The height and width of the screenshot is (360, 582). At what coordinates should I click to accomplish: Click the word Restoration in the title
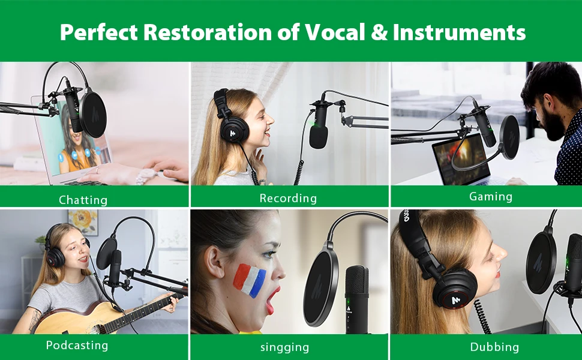(208, 32)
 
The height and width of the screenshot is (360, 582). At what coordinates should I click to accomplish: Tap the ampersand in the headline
(379, 32)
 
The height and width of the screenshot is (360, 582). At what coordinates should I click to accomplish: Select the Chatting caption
(83, 200)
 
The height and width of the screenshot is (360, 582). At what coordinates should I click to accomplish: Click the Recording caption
(288, 198)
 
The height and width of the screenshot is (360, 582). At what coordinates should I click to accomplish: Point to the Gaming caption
(491, 196)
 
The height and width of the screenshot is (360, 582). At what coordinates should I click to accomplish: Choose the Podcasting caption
(77, 345)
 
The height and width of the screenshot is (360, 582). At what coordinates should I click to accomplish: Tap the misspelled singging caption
(284, 347)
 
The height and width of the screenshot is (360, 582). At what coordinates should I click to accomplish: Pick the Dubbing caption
(494, 347)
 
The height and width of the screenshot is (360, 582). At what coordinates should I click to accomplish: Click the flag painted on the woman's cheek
(250, 280)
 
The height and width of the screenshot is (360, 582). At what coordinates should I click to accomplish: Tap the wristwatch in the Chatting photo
(143, 176)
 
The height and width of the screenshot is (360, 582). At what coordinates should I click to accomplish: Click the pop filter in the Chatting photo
(93, 115)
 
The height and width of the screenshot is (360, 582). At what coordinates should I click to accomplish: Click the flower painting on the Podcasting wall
(83, 222)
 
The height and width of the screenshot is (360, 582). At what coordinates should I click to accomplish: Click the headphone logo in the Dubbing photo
(455, 299)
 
